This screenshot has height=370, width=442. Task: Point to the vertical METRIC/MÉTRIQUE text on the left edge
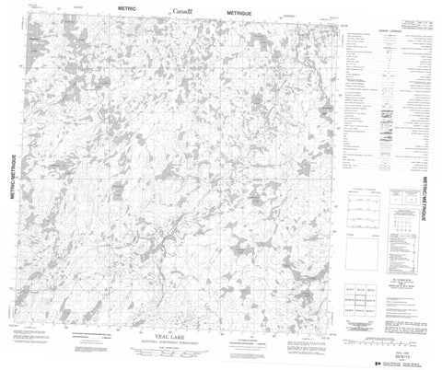coord(14,183)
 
